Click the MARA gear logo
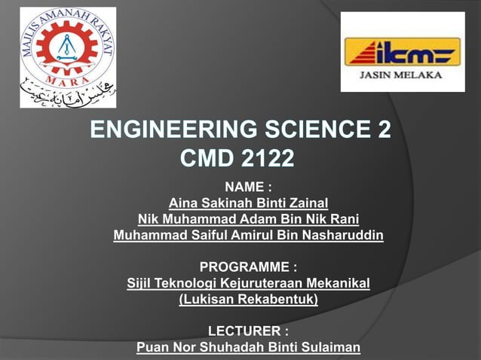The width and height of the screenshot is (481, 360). tap(67, 47)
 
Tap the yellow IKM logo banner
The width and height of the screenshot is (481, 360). tap(402, 51)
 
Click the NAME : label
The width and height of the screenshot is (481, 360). tap(248, 187)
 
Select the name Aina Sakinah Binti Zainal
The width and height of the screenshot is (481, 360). tap(248, 203)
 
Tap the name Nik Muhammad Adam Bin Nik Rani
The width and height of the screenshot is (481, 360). tap(248, 219)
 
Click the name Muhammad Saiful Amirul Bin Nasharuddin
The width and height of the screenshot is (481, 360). tap(248, 236)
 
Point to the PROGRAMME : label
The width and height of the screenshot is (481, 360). tap(248, 267)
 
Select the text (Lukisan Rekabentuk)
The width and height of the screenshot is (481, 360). tap(248, 300)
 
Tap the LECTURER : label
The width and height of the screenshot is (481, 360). tap(248, 331)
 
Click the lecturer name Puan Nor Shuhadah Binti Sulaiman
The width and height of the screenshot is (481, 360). tap(248, 347)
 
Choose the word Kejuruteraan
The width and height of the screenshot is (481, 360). tap(265, 283)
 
